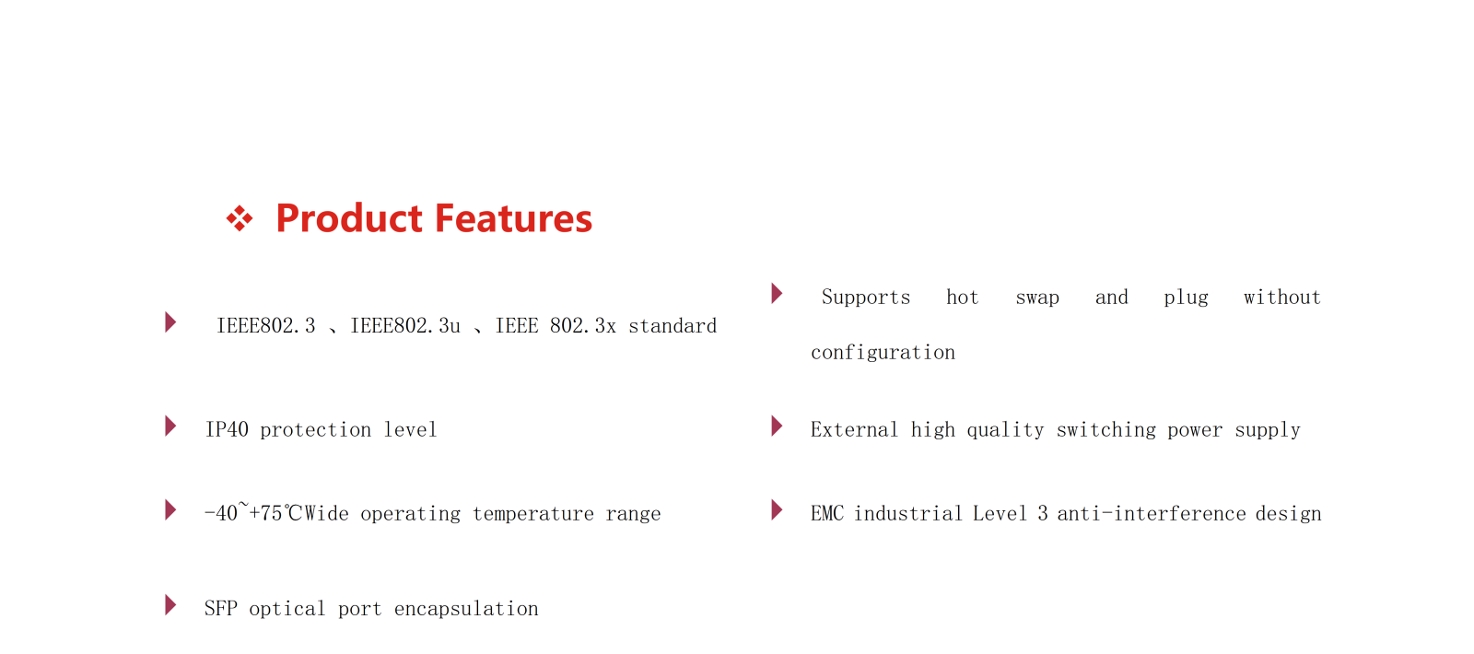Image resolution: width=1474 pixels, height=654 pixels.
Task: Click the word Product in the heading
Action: [x=349, y=218]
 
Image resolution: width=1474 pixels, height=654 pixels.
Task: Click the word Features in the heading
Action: [x=513, y=218]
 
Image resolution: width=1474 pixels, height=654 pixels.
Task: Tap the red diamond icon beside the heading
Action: [x=240, y=218]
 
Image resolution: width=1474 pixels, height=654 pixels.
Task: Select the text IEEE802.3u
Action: [x=404, y=326]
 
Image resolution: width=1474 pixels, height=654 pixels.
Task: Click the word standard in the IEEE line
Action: [x=673, y=326]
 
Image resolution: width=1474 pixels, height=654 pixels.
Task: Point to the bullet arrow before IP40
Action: [x=170, y=426]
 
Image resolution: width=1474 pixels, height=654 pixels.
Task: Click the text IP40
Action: [x=227, y=429]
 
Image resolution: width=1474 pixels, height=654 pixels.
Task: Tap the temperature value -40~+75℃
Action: [x=253, y=512]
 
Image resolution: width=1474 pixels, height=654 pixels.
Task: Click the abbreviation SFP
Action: [x=220, y=609]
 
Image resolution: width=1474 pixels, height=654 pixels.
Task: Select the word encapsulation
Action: [x=466, y=609]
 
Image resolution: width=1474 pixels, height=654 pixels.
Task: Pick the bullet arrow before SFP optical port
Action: [x=170, y=605]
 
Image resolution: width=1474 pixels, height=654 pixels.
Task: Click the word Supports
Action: [x=866, y=298]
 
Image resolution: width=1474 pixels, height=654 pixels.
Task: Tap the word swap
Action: [x=1037, y=298]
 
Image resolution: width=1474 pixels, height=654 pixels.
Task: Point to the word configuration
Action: [x=883, y=353]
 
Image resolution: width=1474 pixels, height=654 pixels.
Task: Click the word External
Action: [x=854, y=429]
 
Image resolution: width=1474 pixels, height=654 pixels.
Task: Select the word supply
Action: [x=1268, y=430]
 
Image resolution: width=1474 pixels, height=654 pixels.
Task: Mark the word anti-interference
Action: [x=1152, y=513]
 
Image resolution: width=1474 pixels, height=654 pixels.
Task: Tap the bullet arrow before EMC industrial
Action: [x=778, y=510]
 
